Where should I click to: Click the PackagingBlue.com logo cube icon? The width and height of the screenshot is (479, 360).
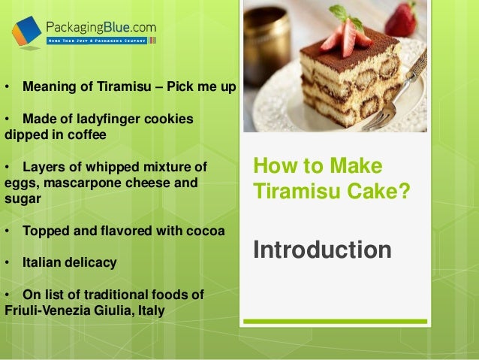(x=26, y=32)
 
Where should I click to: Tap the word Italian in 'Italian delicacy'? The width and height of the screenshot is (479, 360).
(x=46, y=263)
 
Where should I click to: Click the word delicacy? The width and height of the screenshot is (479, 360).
(x=95, y=263)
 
